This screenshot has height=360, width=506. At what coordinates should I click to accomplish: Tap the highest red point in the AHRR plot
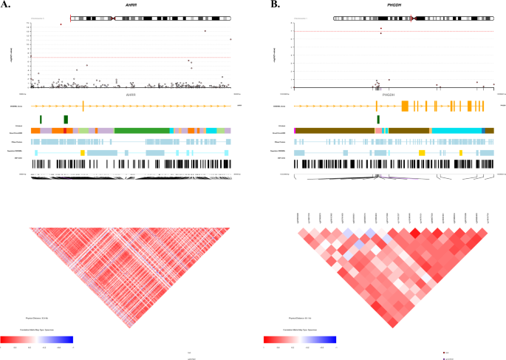(x=61, y=24)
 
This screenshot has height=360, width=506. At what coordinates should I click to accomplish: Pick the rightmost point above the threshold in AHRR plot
(x=230, y=39)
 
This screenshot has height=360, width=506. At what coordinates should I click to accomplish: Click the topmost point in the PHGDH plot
(x=381, y=29)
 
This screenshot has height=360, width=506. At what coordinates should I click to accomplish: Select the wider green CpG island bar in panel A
(x=66, y=119)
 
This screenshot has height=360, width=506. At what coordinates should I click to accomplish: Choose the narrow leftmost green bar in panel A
(x=41, y=119)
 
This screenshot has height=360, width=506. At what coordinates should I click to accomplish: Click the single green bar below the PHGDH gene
(x=378, y=119)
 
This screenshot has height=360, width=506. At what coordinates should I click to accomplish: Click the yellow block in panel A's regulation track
(x=83, y=152)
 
